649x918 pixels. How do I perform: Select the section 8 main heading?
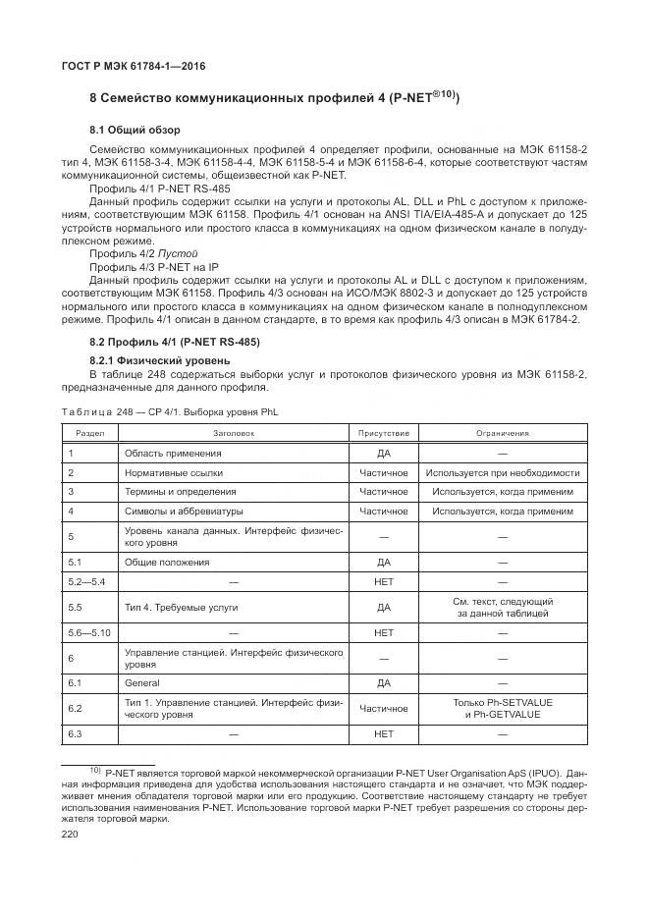tap(275, 98)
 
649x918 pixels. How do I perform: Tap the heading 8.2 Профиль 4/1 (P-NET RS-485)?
tap(174, 342)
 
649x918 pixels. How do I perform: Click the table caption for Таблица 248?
tap(169, 412)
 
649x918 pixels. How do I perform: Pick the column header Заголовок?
tap(233, 432)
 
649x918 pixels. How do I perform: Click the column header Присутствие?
tap(383, 432)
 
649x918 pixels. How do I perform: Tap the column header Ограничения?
tap(503, 432)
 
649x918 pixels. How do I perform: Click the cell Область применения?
tap(172, 454)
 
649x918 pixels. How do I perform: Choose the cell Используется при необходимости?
tap(503, 472)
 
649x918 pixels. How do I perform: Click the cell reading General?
tap(142, 682)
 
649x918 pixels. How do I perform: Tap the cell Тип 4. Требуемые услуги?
tap(181, 608)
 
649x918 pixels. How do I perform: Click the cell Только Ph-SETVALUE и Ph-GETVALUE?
tap(503, 708)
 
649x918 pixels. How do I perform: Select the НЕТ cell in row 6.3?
tap(383, 733)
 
